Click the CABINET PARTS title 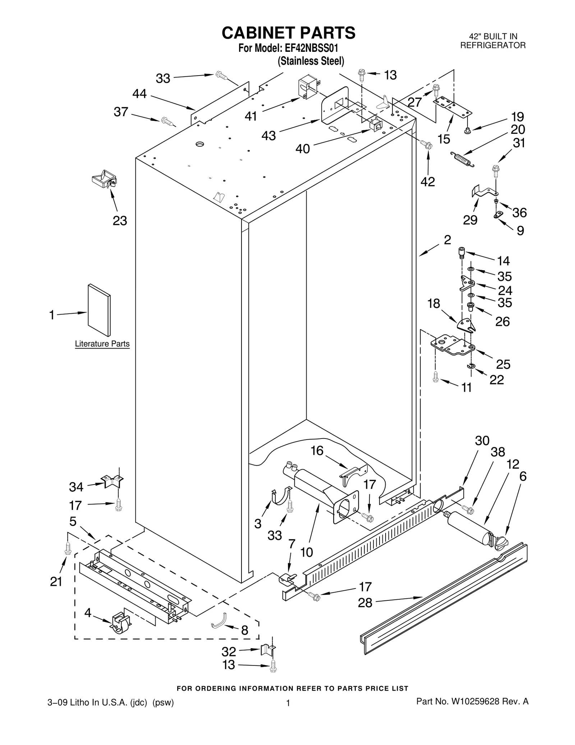(x=288, y=33)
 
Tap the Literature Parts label (x=102, y=344)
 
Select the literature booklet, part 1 (x=99, y=310)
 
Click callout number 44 (x=139, y=94)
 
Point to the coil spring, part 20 (x=462, y=159)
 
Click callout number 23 (x=120, y=221)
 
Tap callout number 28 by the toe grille (x=365, y=603)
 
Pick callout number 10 (x=307, y=552)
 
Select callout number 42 (x=428, y=182)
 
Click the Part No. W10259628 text (x=472, y=701)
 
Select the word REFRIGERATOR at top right (x=493, y=45)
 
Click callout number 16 (x=317, y=450)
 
